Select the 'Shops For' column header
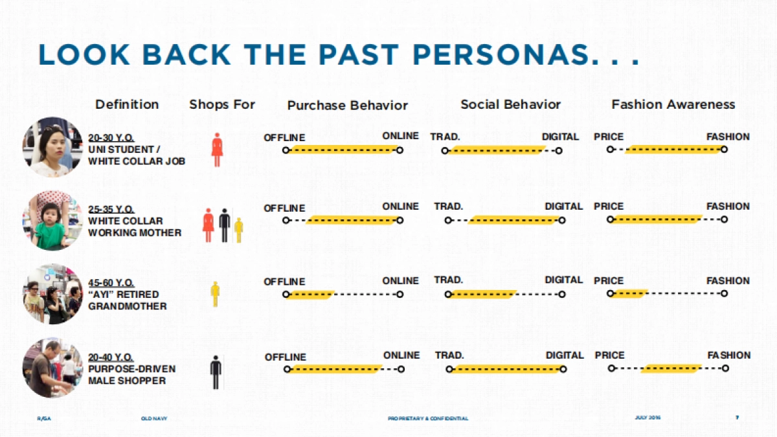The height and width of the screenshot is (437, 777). pos(222,104)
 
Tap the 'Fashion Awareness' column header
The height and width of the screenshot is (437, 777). pos(673,104)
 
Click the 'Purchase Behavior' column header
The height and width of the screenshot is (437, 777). pos(348,105)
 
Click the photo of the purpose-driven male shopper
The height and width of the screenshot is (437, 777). pos(52,367)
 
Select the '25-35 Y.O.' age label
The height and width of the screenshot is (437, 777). pos(111,209)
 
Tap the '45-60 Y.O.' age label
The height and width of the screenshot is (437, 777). pos(111,283)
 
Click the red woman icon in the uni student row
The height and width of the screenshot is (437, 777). pos(217,150)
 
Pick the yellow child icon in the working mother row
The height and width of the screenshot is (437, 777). pos(238,229)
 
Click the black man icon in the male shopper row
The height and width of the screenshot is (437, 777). pos(216,372)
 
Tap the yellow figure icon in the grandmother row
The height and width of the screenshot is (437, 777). pos(216,293)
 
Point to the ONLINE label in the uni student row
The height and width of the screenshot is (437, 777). pos(401,137)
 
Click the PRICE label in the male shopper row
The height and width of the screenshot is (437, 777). pos(609,355)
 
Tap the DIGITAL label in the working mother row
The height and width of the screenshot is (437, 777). pos(563,207)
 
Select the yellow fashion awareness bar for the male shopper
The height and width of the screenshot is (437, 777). pos(671,369)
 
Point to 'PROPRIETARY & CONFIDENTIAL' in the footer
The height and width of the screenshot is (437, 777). pos(428,418)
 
